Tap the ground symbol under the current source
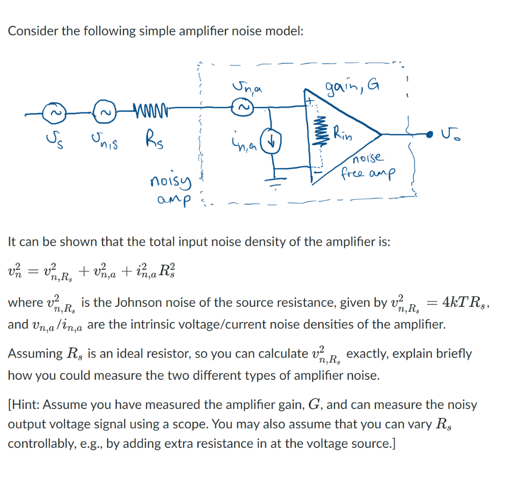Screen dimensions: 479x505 272,180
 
